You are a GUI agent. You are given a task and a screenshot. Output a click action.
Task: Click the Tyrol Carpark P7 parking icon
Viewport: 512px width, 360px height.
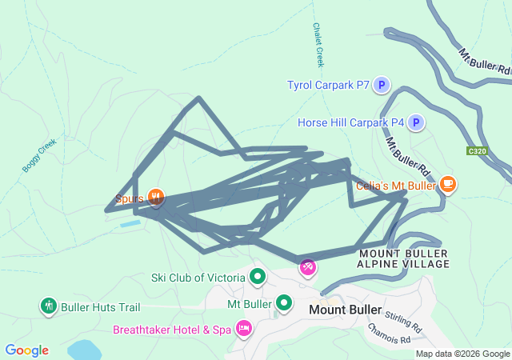pyautogui.click(x=382, y=85)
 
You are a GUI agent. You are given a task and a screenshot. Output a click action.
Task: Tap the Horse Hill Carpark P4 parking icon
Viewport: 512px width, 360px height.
pyautogui.click(x=415, y=122)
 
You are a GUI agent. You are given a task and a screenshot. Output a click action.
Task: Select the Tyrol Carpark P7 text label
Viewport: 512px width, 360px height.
pyautogui.click(x=328, y=85)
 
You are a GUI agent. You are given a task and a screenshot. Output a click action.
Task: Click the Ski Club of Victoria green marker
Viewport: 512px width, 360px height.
pyautogui.click(x=258, y=278)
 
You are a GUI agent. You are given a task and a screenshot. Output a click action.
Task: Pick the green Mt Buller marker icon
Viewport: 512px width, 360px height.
pyautogui.click(x=284, y=303)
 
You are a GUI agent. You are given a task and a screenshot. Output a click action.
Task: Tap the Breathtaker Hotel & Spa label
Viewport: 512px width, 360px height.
pyautogui.click(x=172, y=330)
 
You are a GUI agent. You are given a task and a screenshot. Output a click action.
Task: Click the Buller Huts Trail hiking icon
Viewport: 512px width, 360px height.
pyautogui.click(x=48, y=306)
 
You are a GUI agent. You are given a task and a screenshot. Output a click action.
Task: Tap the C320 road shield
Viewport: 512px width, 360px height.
pyautogui.click(x=478, y=150)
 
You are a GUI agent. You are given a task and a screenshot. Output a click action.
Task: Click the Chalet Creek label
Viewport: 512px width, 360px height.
pyautogui.click(x=318, y=45)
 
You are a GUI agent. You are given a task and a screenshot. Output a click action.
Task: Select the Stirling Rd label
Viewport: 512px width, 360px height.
pyautogui.click(x=402, y=321)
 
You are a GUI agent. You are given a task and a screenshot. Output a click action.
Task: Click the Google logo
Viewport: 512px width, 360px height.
pyautogui.click(x=27, y=350)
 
